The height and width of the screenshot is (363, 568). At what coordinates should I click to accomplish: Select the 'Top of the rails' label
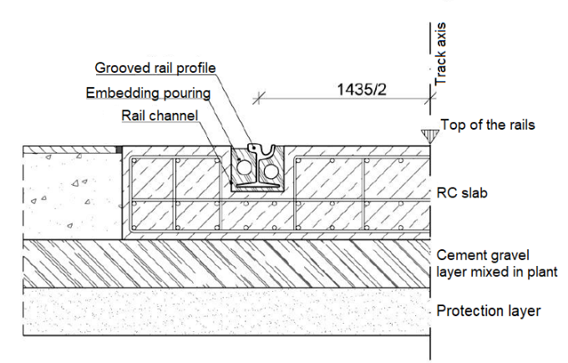(488, 125)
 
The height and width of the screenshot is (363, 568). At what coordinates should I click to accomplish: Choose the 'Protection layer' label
(489, 311)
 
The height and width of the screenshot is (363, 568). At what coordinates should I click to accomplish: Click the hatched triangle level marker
(429, 135)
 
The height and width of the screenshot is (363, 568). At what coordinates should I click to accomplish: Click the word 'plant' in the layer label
(540, 272)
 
